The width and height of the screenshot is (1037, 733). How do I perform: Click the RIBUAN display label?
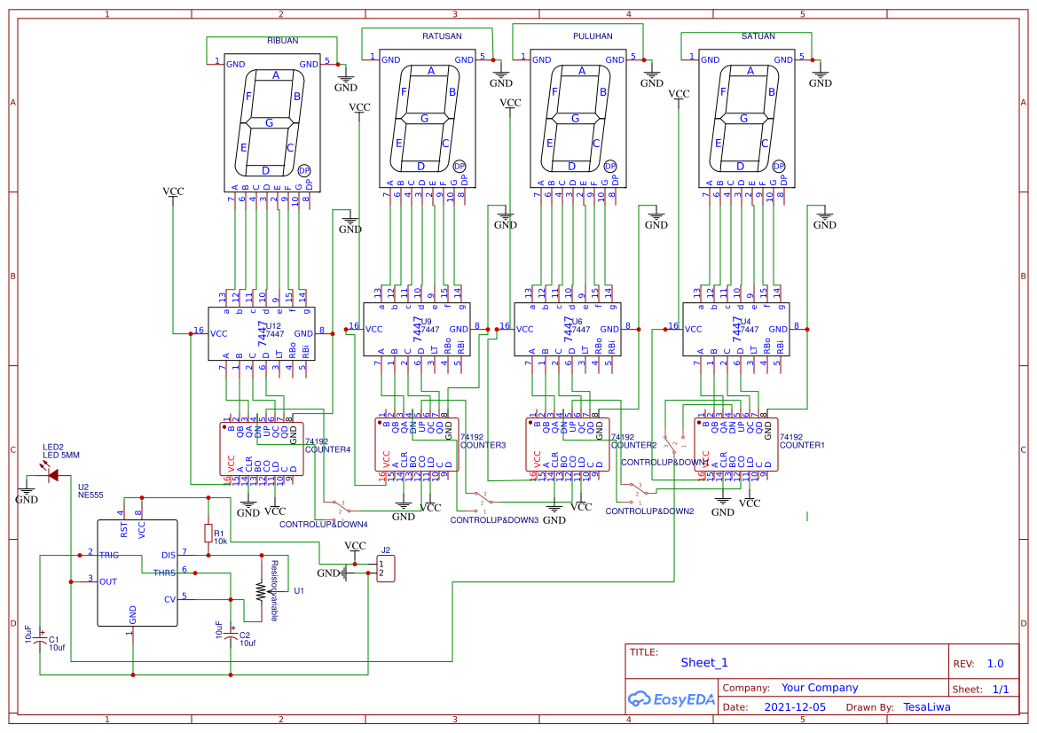pyautogui.click(x=282, y=42)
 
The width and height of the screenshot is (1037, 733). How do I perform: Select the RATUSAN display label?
pyautogui.click(x=441, y=36)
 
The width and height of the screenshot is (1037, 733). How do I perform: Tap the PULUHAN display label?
pyautogui.click(x=593, y=36)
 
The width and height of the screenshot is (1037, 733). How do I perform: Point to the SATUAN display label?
pyautogui.click(x=758, y=36)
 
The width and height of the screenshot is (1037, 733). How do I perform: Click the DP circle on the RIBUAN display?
pyautogui.click(x=304, y=170)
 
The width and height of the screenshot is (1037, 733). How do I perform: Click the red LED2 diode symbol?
pyautogui.click(x=53, y=476)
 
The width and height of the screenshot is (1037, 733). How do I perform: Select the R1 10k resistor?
pyautogui.click(x=208, y=533)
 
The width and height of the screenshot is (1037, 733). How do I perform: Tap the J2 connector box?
pyautogui.click(x=386, y=568)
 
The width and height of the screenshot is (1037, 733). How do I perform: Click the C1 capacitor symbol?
pyautogui.click(x=40, y=640)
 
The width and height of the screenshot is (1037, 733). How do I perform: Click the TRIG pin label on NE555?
pyautogui.click(x=109, y=554)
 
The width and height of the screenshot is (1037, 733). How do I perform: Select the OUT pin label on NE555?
pyautogui.click(x=108, y=581)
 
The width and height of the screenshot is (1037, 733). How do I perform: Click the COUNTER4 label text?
pyautogui.click(x=327, y=449)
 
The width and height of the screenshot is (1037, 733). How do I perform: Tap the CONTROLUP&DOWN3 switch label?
pyautogui.click(x=494, y=520)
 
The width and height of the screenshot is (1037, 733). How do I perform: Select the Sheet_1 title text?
pyautogui.click(x=703, y=662)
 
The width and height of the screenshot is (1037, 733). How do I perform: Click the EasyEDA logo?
pyautogui.click(x=671, y=698)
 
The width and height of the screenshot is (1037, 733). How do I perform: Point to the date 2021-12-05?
pyautogui.click(x=794, y=707)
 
